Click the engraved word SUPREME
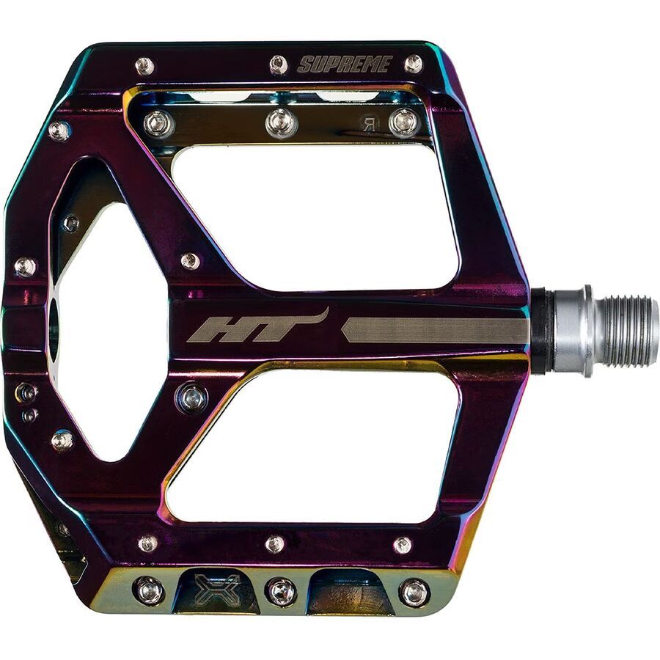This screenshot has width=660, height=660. (x=344, y=65)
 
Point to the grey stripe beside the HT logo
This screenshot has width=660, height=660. (x=436, y=330)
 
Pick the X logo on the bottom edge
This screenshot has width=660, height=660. (x=217, y=588)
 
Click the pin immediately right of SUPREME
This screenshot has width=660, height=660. (x=413, y=64)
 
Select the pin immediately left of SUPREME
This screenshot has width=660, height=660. (x=279, y=65)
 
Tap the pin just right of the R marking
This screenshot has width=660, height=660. (x=403, y=122)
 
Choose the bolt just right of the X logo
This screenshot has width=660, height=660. (x=281, y=591)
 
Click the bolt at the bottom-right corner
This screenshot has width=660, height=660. (x=414, y=592)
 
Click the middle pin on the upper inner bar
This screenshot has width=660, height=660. (x=282, y=122)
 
